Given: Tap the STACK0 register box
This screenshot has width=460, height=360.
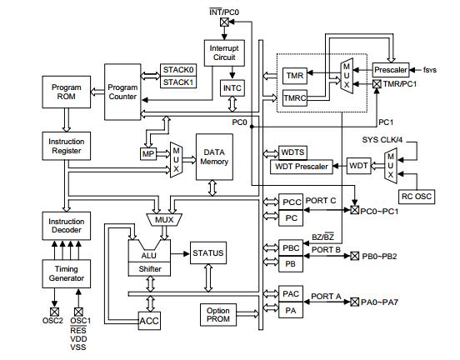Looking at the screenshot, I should tap(178, 70).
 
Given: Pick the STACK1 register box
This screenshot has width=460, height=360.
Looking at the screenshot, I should tap(178, 82).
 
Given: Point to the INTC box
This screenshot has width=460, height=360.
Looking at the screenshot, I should tap(232, 87).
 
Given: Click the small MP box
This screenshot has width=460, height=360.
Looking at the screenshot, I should tap(149, 154).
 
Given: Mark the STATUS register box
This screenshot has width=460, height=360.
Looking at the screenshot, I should tap(207, 252).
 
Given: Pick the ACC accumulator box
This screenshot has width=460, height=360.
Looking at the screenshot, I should tap(149, 320).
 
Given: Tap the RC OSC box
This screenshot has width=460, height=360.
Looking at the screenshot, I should tap(417, 197).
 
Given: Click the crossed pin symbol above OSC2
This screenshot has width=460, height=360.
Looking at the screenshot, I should tap(54, 310).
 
